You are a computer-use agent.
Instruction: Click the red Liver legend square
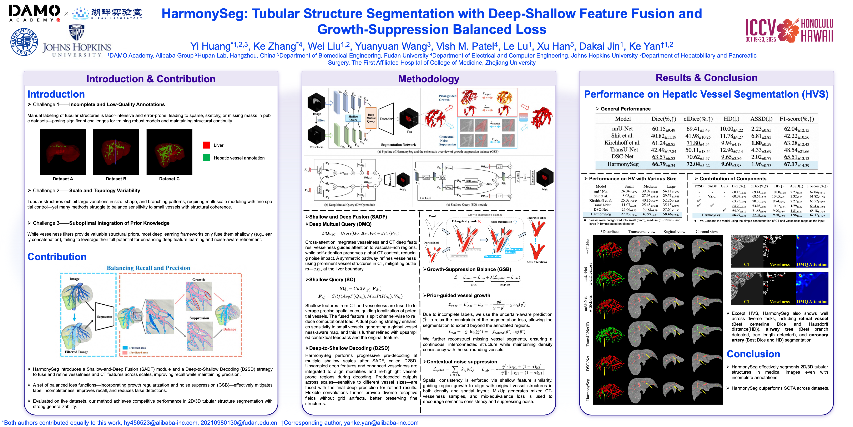[x=206, y=145]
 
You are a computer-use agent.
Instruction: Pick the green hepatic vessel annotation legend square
[x=206, y=158]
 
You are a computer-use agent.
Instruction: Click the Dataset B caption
[x=116, y=179]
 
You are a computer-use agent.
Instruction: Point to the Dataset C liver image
[x=169, y=152]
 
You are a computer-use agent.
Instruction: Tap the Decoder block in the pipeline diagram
[x=386, y=119]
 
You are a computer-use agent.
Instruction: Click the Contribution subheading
[x=57, y=257]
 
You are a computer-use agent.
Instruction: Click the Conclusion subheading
[x=753, y=354]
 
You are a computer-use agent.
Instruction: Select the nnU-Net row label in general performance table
[x=622, y=129]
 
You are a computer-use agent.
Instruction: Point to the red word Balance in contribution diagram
[x=229, y=329]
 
